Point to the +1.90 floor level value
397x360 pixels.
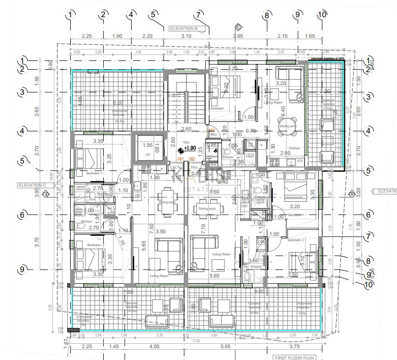point(190,148)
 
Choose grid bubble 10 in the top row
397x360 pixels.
point(322,15)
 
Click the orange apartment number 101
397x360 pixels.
point(180,159)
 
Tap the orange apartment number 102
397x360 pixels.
point(192,159)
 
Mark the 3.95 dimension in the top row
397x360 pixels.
point(238,36)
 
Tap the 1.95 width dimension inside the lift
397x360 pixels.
point(147,146)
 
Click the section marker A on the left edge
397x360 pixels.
point(46,194)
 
